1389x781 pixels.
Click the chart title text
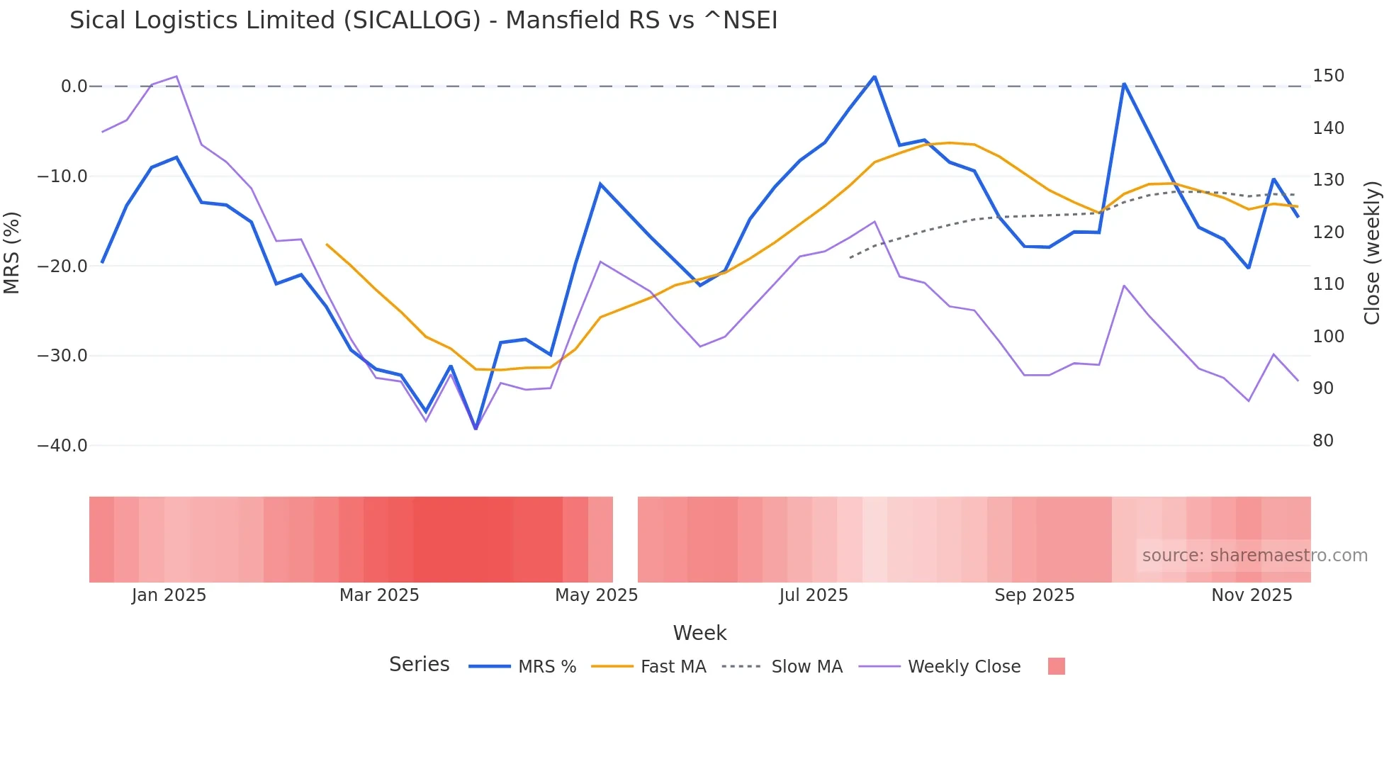[x=423, y=21]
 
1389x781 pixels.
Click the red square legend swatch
[x=1056, y=666]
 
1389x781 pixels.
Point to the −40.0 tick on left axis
[x=62, y=446]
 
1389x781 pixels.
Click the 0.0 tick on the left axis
[x=74, y=86]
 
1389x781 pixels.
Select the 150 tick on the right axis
[x=1328, y=76]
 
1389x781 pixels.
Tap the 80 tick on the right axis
[x=1322, y=441]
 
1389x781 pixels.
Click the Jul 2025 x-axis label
[x=813, y=595]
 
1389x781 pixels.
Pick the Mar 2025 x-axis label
[x=379, y=595]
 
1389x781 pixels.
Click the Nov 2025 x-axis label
[x=1252, y=595]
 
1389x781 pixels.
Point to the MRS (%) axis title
[x=12, y=252]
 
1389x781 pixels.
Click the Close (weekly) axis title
[x=1372, y=253]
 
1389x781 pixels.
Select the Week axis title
[x=699, y=633]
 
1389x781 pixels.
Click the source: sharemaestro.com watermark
[x=1254, y=556]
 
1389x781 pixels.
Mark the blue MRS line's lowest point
[x=476, y=429]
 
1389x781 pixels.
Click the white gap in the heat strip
[x=625, y=539]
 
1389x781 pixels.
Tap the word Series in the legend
[x=419, y=665]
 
